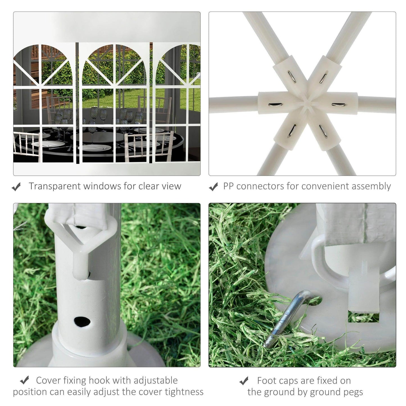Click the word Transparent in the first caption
[54, 187]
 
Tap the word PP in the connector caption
[228, 187]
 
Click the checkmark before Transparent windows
[16, 187]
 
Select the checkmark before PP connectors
[214, 187]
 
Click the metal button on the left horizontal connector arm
[275, 105]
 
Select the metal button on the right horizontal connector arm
[338, 105]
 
